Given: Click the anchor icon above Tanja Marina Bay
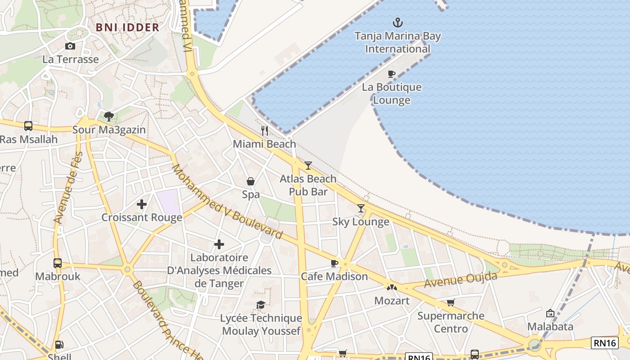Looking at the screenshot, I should tap(397, 22).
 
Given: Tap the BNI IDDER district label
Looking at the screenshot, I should tap(128, 27).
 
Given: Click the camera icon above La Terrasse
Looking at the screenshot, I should tap(70, 46).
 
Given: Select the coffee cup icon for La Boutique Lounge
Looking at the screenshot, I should tap(391, 74).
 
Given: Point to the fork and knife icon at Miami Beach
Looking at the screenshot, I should tap(265, 131).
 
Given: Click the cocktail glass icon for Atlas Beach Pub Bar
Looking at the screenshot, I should tap(308, 166).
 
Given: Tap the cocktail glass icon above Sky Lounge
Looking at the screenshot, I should tap(361, 208).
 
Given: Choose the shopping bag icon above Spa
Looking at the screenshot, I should tap(251, 181).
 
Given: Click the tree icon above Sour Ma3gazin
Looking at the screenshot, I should tap(108, 117).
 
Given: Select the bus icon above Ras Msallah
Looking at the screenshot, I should tap(28, 126).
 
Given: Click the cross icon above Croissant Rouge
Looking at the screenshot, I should tap(142, 204).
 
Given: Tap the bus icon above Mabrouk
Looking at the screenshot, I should tap(58, 263).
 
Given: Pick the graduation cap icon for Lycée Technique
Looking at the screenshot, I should tap(261, 305).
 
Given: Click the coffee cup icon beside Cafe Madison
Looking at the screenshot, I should tap(334, 263).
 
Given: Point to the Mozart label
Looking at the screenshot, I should tap(392, 301).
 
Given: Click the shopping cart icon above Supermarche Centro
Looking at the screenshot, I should tap(450, 302).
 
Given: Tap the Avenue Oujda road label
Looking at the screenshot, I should tap(460, 280).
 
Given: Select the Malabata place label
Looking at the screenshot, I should tap(550, 326).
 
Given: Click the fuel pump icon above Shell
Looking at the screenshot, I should tap(59, 345).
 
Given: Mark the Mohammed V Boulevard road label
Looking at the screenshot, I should tap(227, 202).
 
